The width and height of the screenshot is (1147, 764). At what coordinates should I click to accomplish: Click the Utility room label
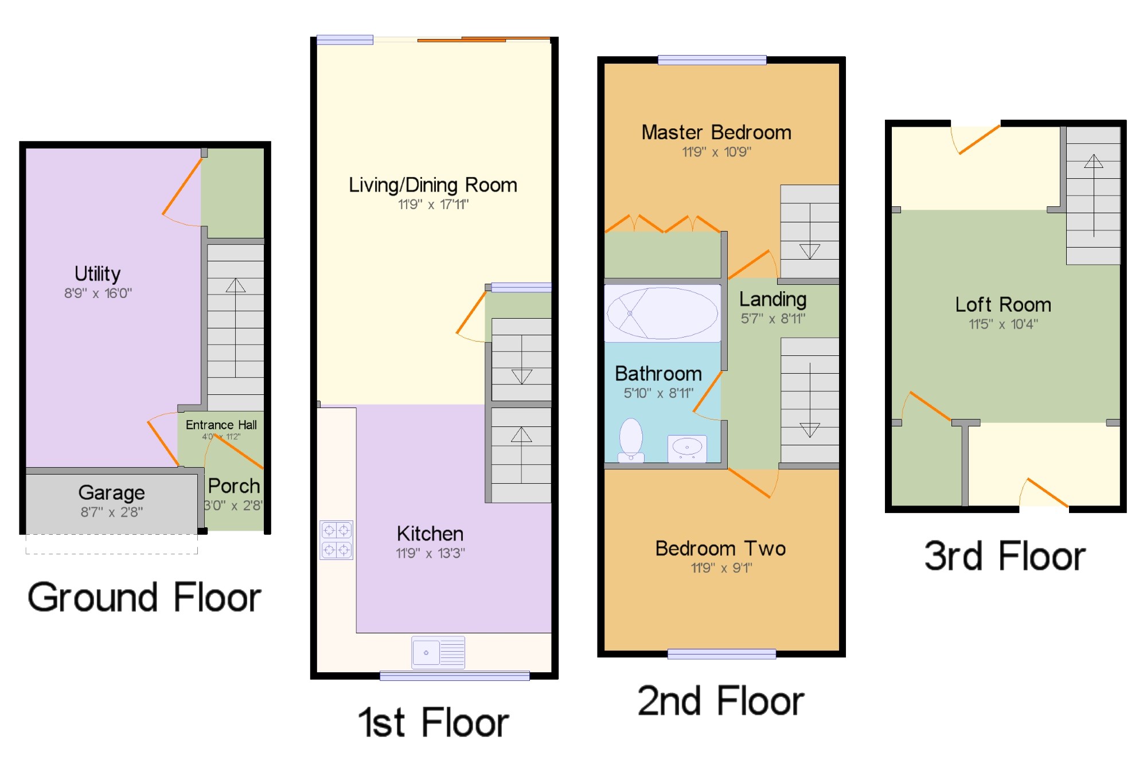[97, 274]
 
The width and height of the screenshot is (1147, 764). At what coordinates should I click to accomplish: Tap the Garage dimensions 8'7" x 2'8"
[112, 512]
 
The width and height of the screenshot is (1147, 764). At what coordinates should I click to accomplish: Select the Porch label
[234, 486]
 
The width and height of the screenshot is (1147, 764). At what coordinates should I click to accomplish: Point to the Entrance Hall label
[221, 425]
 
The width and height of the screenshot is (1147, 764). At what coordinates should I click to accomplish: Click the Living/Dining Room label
[433, 185]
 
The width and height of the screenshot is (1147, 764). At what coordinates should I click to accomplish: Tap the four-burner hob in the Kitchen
[337, 540]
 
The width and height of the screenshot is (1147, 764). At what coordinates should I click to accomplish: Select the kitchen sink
[438, 652]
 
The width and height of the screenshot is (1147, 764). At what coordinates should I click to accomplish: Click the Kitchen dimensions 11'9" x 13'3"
[430, 553]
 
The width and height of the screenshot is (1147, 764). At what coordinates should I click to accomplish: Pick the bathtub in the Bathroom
[662, 313]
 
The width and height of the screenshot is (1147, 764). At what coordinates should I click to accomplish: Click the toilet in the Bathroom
[631, 440]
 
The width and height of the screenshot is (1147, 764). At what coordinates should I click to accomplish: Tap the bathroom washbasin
[687, 448]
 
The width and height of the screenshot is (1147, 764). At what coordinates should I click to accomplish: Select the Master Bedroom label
[716, 132]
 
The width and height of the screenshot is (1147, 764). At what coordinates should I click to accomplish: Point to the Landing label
[773, 299]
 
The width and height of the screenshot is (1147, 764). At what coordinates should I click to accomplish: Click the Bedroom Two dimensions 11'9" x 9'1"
[721, 568]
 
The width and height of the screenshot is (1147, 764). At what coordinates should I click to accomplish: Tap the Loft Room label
[1003, 304]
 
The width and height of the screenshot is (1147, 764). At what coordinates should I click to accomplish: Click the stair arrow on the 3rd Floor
[1094, 195]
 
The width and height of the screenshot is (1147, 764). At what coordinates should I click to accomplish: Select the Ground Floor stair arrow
[235, 327]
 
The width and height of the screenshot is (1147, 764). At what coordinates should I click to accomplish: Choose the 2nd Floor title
[721, 701]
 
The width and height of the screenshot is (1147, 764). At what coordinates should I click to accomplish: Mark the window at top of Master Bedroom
[712, 60]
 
